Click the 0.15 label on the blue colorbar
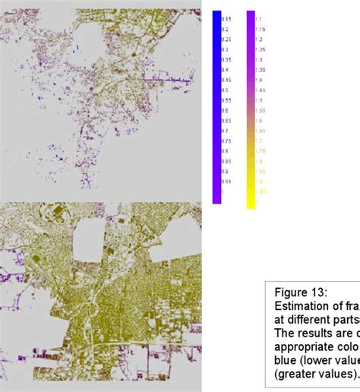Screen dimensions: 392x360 point(226,19)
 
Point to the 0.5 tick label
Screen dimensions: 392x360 point(225,90)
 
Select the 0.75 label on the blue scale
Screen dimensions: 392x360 point(226,141)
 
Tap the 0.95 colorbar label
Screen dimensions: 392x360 point(226,182)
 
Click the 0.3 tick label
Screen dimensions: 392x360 point(225,49)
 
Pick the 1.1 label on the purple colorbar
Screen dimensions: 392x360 point(258,19)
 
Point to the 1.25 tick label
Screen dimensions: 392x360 point(260,49)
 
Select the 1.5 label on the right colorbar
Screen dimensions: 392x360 point(258,100)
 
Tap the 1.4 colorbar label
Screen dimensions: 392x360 point(258,80)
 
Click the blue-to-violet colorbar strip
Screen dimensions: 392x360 point(216,106)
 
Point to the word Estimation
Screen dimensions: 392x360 point(301,306)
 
